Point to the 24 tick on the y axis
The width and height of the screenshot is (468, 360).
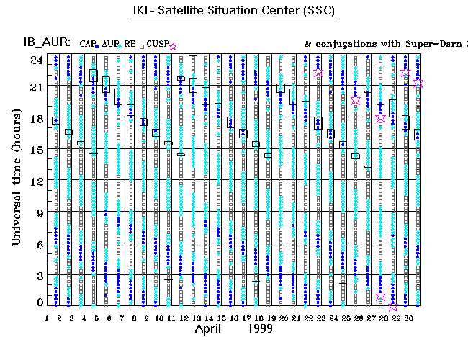click(x=37, y=60)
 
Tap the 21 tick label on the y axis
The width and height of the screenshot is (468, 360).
click(x=37, y=87)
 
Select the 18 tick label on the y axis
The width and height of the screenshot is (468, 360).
click(x=37, y=119)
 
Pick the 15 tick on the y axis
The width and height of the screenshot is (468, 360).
click(x=37, y=150)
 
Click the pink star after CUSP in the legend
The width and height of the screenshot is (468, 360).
click(x=172, y=47)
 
